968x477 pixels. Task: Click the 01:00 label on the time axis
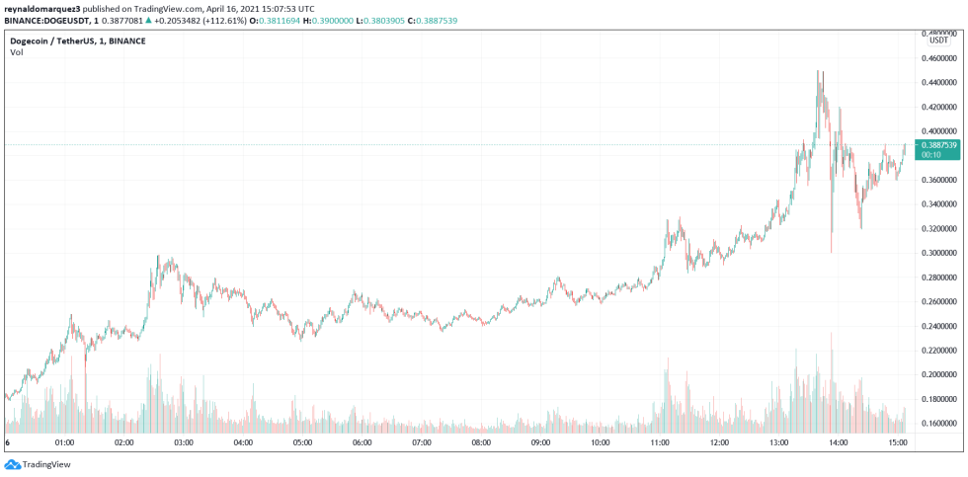pos(65,443)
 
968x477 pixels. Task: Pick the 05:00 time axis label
pos(302,443)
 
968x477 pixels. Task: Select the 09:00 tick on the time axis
pos(540,443)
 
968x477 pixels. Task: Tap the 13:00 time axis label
pos(778,443)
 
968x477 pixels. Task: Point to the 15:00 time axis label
pos(897,443)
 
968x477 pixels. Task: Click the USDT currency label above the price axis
pos(936,40)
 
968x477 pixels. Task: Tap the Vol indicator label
pos(17,52)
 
